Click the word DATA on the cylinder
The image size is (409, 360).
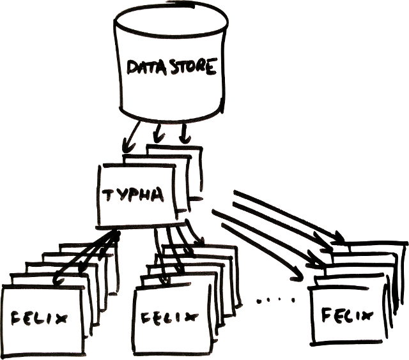[146, 67]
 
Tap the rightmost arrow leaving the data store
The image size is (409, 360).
[184, 132]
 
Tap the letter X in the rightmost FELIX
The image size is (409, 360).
[366, 314]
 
